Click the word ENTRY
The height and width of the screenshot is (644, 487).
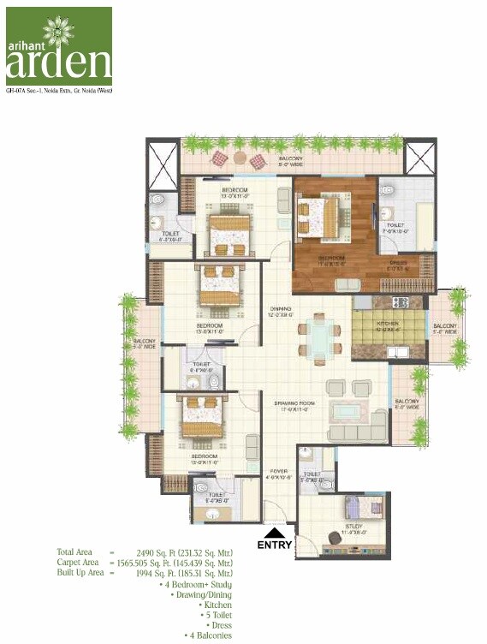pyautogui.click(x=275, y=545)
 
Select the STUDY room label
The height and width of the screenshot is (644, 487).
pyautogui.click(x=353, y=527)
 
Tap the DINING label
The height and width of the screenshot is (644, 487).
pyautogui.click(x=281, y=309)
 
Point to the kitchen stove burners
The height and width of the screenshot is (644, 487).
pyautogui.click(x=399, y=302)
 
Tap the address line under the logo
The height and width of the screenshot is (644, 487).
pyautogui.click(x=59, y=90)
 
